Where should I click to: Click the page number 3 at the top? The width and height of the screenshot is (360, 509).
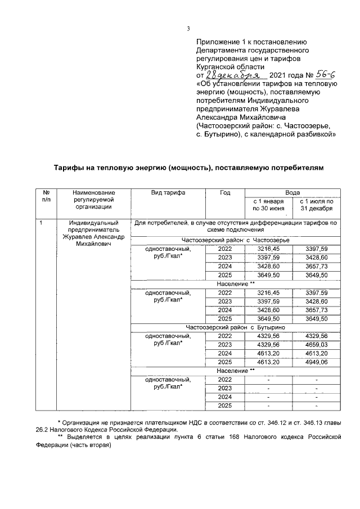coord(189,29)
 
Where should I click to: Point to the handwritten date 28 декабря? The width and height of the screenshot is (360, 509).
coord(231,75)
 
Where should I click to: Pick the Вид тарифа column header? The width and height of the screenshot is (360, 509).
coord(168,192)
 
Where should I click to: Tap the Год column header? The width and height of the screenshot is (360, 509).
coord(225,192)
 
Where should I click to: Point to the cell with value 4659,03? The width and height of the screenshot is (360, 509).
coord(316,344)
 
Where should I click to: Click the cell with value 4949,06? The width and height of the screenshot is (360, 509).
coord(316,362)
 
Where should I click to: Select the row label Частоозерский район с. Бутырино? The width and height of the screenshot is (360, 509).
coord(236,327)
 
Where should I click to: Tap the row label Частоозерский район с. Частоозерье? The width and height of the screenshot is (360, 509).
coord(236,240)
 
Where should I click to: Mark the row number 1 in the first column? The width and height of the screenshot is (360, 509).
coord(41,224)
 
